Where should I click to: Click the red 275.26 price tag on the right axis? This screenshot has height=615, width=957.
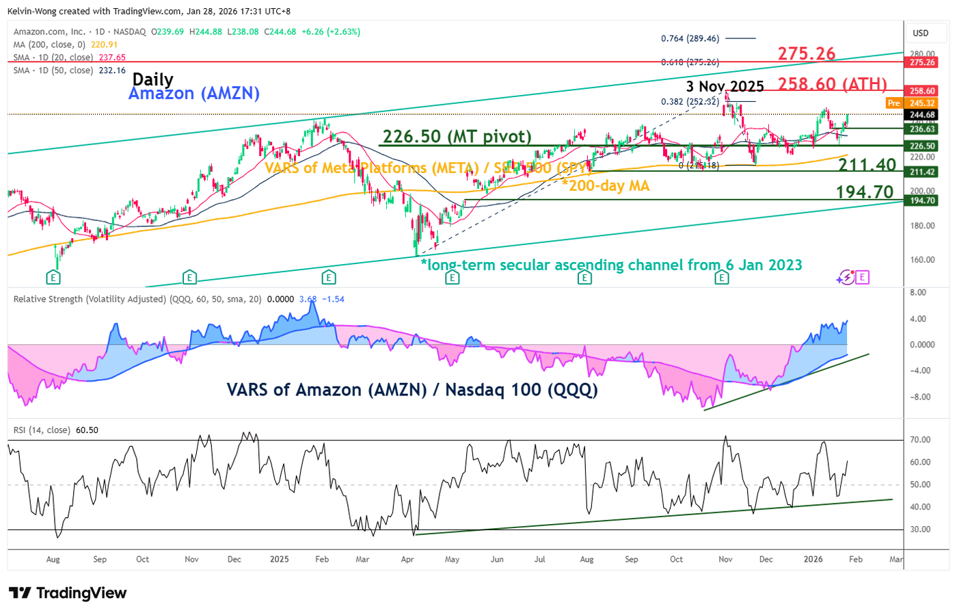pyautogui.click(x=921, y=62)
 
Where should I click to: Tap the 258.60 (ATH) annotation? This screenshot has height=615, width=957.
pyautogui.click(x=832, y=84)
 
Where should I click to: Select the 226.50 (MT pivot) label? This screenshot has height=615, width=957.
pyautogui.click(x=457, y=136)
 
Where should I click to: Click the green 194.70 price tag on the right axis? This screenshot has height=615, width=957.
pyautogui.click(x=921, y=200)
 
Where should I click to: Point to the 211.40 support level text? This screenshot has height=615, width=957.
pyautogui.click(x=867, y=165)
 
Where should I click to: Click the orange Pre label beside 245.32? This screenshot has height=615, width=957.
pyautogui.click(x=893, y=103)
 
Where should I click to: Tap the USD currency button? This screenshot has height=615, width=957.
pyautogui.click(x=921, y=33)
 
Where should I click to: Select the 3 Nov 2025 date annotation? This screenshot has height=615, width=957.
pyautogui.click(x=725, y=86)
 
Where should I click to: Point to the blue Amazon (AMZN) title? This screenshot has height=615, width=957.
pyautogui.click(x=194, y=93)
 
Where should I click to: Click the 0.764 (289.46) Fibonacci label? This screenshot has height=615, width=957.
pyautogui.click(x=690, y=38)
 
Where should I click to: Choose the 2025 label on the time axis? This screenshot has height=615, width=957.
pyautogui.click(x=279, y=559)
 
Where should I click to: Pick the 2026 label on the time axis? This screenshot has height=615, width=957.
pyautogui.click(x=813, y=559)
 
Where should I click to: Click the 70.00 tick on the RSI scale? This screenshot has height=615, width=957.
pyautogui.click(x=920, y=440)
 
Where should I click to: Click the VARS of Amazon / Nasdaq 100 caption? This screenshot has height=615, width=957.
pyautogui.click(x=412, y=390)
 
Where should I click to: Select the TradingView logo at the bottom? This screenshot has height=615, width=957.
pyautogui.click(x=68, y=593)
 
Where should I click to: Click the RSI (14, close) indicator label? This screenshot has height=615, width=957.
pyautogui.click(x=42, y=430)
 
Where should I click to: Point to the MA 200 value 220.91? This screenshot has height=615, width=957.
pyautogui.click(x=105, y=44)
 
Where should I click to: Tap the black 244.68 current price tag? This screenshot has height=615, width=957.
pyautogui.click(x=921, y=115)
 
